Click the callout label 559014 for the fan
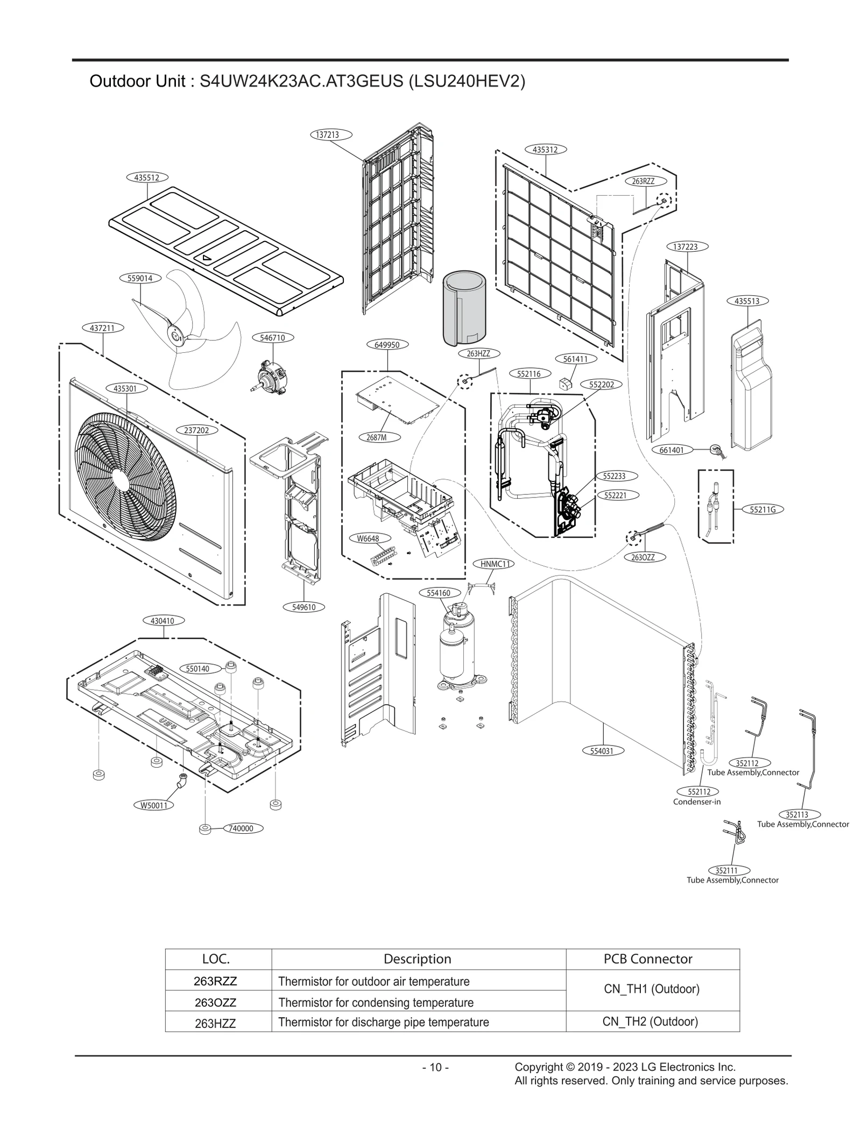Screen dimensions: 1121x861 [136, 278]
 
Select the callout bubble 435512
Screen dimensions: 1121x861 [147, 177]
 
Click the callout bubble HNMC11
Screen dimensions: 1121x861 [493, 564]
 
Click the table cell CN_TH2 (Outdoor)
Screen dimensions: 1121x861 [650, 1022]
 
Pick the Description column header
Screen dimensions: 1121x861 [417, 959]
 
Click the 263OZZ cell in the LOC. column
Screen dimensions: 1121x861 [215, 1002]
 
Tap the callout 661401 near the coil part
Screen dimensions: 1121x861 [672, 450]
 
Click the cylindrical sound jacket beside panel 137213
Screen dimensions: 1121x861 [464, 308]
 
